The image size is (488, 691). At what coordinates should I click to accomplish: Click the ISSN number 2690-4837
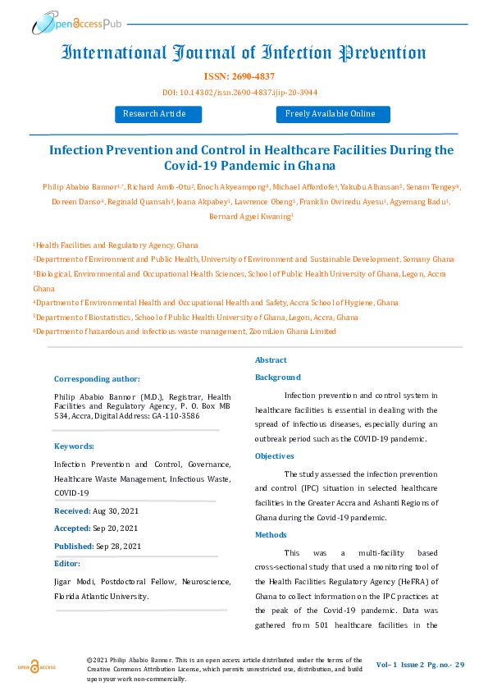[244, 76]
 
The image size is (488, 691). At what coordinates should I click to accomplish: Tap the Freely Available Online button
[331, 114]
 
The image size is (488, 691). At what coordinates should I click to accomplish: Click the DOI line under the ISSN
[244, 91]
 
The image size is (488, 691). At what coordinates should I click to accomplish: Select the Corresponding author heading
[97, 378]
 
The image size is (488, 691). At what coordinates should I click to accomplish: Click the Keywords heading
[74, 446]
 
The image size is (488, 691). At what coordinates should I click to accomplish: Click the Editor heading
[67, 564]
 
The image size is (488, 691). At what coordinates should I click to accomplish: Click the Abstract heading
[271, 360]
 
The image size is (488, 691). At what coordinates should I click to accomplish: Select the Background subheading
[278, 378]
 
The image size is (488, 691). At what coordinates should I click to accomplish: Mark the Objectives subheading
[275, 455]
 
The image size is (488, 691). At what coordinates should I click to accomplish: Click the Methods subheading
[271, 534]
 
